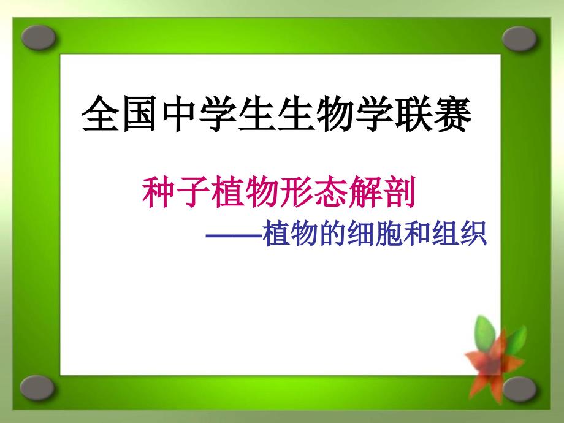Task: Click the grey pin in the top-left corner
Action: pyautogui.click(x=38, y=37)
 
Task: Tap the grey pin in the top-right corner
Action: pyautogui.click(x=519, y=39)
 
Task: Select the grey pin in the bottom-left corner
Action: pyautogui.click(x=37, y=388)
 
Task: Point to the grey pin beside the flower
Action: pyautogui.click(x=519, y=389)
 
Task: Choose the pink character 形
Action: pyautogui.click(x=296, y=192)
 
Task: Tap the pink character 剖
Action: pyautogui.click(x=398, y=192)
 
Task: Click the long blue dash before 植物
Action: pyautogui.click(x=234, y=236)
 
